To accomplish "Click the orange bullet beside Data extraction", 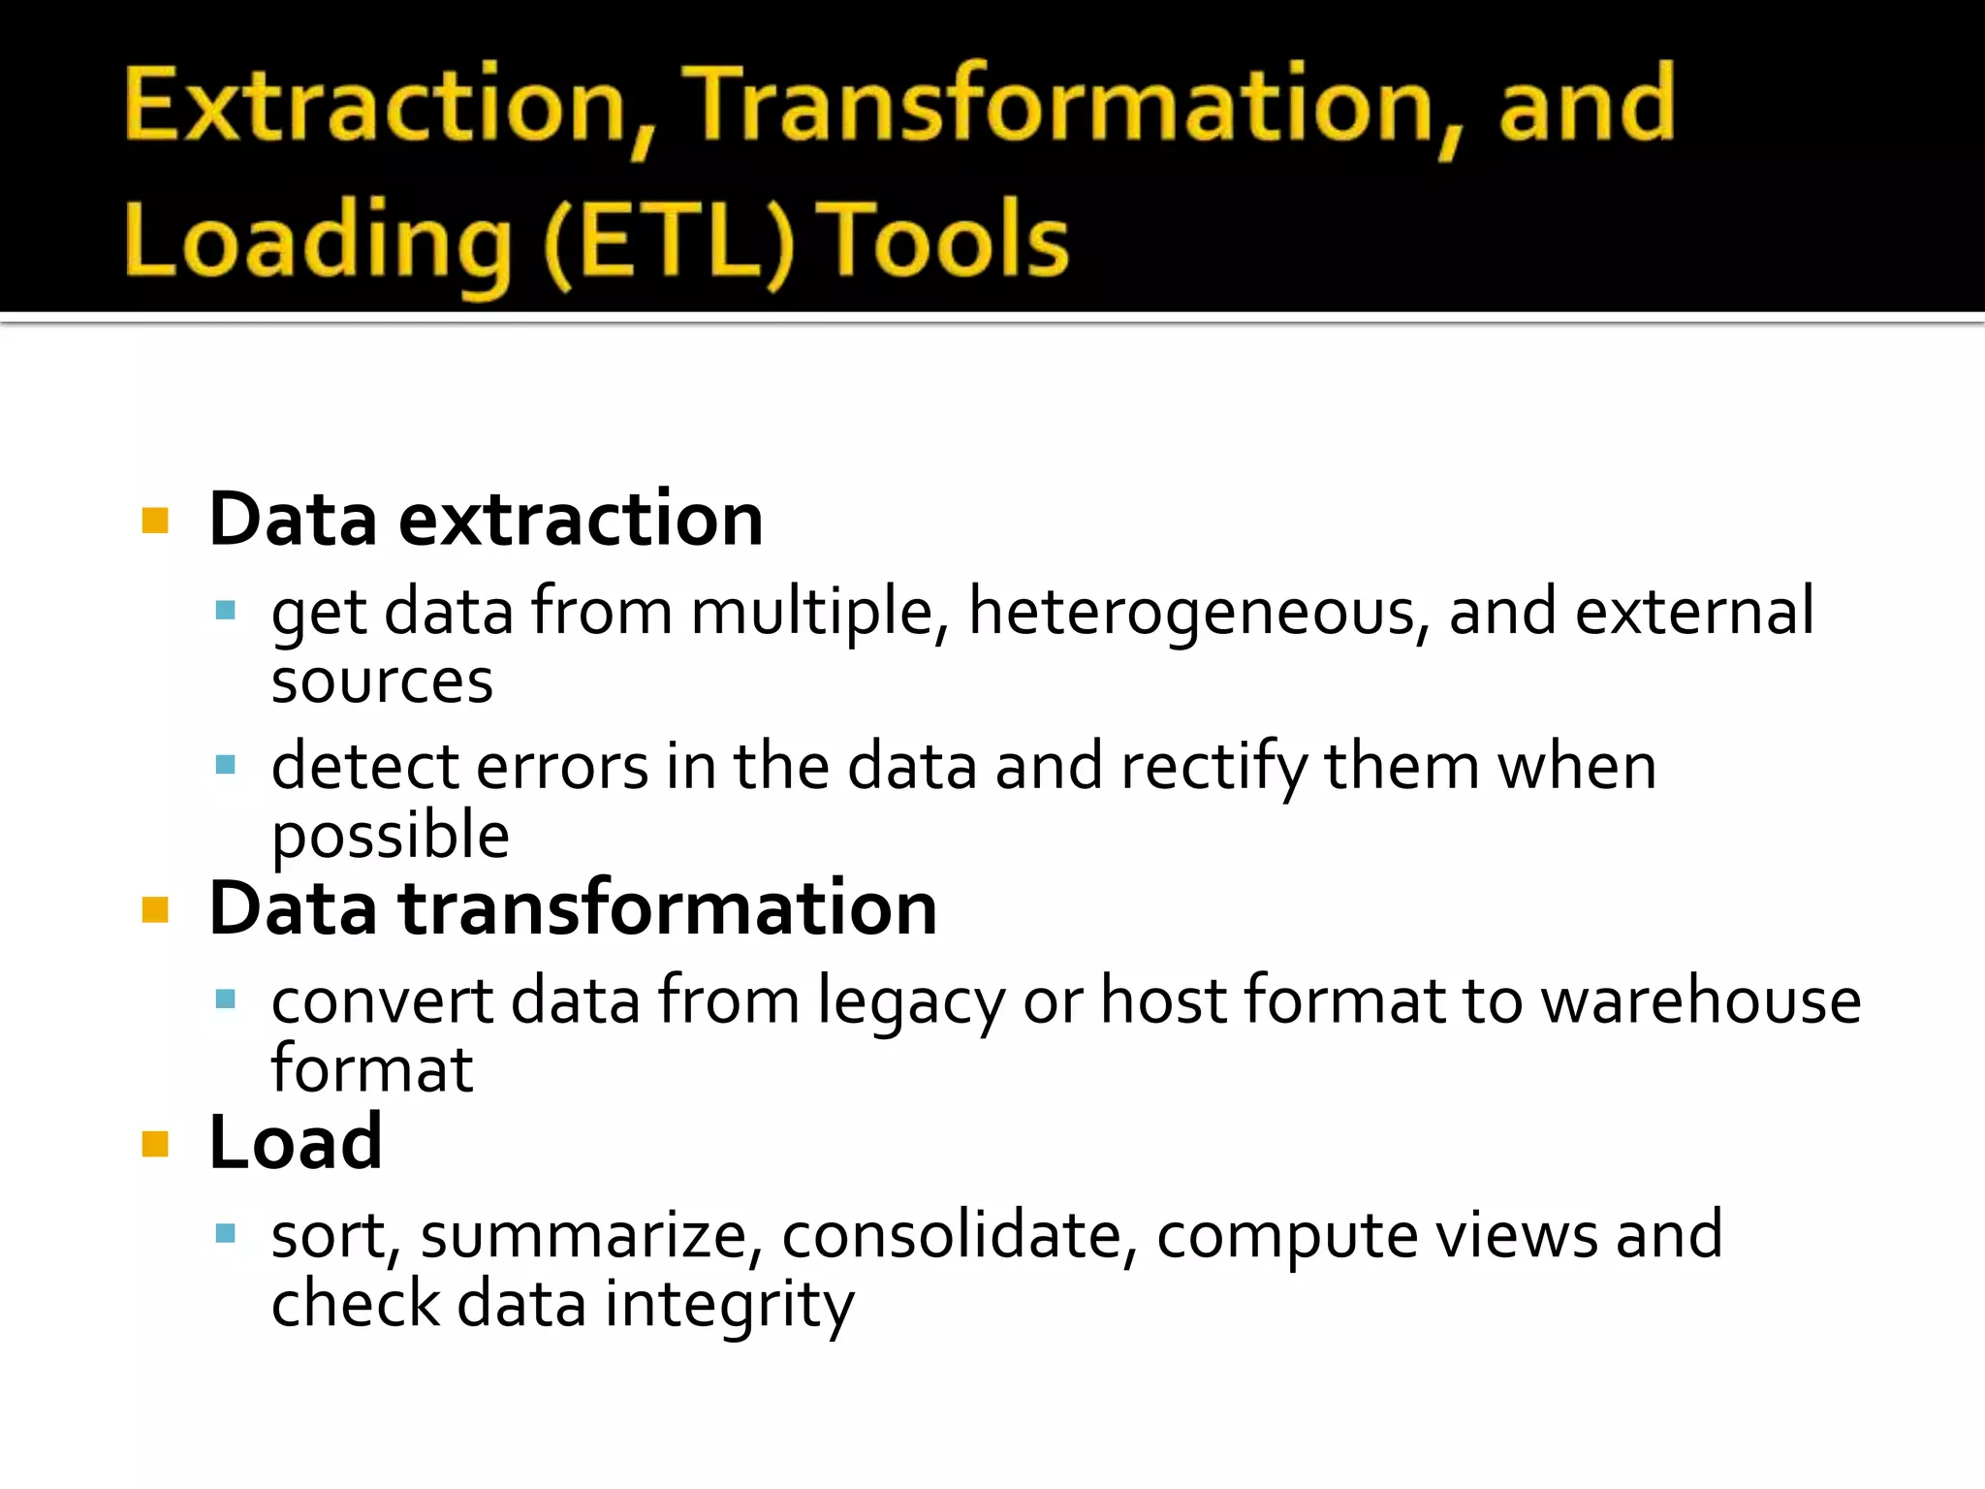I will click(x=155, y=522).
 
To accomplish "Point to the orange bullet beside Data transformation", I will click(x=155, y=909).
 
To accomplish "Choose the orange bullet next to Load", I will click(x=155, y=1144).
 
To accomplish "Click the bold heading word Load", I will click(x=296, y=1142).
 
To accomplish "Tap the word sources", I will click(x=382, y=681).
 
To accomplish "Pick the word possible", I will click(x=390, y=836).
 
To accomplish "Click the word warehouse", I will click(x=1701, y=1000).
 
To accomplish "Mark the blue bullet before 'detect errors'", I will click(x=226, y=765).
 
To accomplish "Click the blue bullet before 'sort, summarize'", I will click(x=226, y=1233).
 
